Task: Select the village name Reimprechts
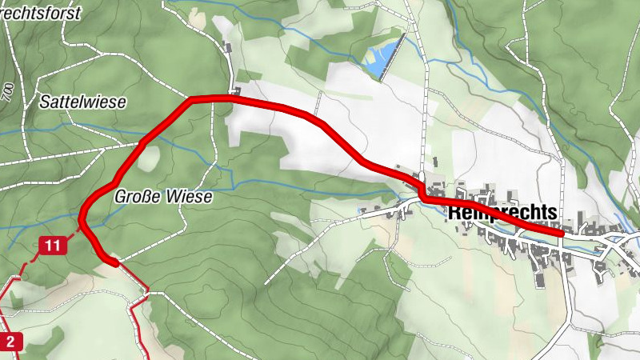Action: coord(502,213)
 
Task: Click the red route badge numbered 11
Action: coord(53,246)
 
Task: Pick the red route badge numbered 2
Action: coord(10,342)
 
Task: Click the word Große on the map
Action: coord(133,196)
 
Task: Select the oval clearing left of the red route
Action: coord(148,158)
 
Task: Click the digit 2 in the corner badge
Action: coord(10,342)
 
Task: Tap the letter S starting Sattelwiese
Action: coord(44,102)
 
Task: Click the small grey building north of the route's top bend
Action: coord(230,48)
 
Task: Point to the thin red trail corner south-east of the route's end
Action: coord(148,290)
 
